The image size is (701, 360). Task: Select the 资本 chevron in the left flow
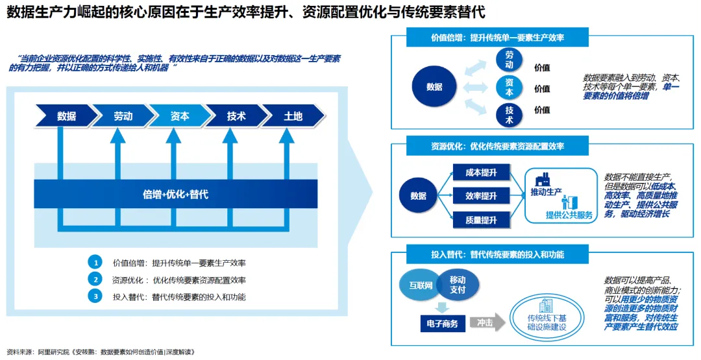180,116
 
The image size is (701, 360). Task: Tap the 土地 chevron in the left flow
293,116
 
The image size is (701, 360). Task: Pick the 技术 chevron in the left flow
236,116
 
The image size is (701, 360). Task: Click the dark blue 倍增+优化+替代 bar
175,194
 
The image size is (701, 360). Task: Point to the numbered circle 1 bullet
95,263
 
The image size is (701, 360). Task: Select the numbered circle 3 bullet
95,296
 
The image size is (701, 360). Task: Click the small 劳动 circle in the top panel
509,59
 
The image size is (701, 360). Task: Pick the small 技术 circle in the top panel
509,115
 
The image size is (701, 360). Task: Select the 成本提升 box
481,173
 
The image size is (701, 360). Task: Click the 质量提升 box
481,220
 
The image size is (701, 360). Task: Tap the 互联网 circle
420,285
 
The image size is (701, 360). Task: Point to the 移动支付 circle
457,285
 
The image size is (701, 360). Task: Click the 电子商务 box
442,323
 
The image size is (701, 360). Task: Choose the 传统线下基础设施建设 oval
547,317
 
